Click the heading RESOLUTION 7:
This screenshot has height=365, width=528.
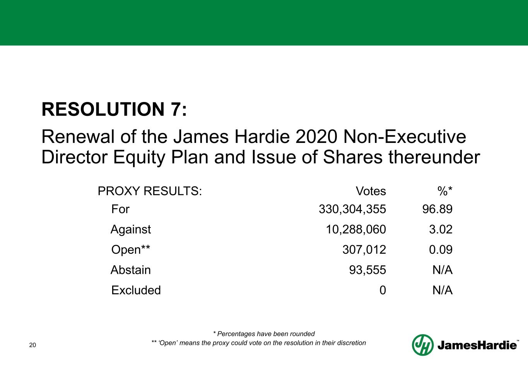[x=114, y=109]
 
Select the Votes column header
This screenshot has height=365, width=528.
[x=371, y=191]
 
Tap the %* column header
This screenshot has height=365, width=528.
[x=445, y=191]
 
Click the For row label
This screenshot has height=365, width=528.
[x=120, y=209]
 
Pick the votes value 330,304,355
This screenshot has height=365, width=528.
[x=352, y=209]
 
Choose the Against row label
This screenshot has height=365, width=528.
[x=131, y=230]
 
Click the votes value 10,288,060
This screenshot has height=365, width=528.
[x=356, y=230]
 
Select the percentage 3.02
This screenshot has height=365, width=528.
[x=441, y=230]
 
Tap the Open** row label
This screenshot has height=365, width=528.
[x=131, y=250]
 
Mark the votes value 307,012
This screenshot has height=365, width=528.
[x=364, y=250]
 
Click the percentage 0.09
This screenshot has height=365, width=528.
[x=441, y=250]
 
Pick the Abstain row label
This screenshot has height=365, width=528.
[x=131, y=270]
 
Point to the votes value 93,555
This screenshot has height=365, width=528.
[x=367, y=270]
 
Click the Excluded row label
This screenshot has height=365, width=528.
[x=136, y=290]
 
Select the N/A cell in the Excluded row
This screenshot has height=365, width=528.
[x=442, y=290]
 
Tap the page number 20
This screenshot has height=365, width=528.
[x=32, y=345]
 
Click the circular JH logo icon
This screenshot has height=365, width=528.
[x=422, y=345]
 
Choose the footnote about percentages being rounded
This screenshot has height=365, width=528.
[x=264, y=334]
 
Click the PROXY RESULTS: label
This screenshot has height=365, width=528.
[x=150, y=191]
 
